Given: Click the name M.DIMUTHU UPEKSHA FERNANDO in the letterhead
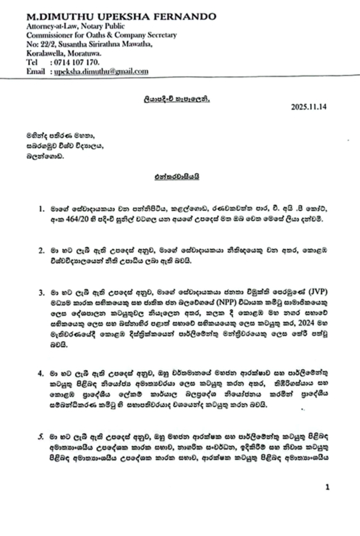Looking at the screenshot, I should click(121, 17).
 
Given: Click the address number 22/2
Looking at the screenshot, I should click(42, 44).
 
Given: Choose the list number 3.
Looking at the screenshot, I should click(41, 305).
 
